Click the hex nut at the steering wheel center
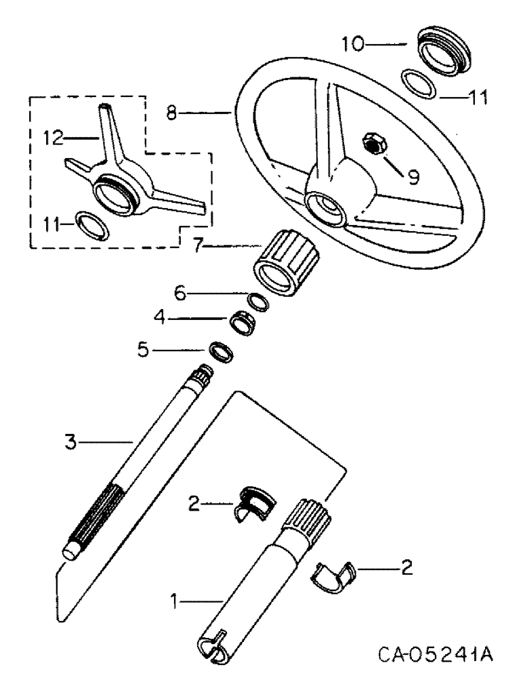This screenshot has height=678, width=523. tap(373, 144)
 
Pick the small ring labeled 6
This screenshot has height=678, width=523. tap(255, 300)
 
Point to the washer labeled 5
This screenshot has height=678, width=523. tap(221, 351)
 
